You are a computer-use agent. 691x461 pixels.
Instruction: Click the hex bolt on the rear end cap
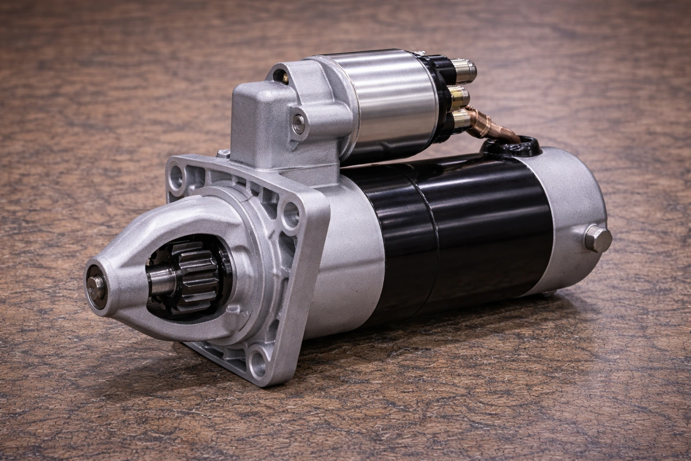599,239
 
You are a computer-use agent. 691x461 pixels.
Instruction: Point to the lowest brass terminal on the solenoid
459,119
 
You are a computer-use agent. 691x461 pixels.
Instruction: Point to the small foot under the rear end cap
547,294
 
